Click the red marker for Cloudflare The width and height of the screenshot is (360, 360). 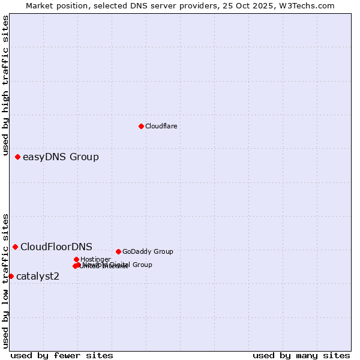click(141, 126)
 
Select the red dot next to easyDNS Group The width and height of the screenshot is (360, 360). click(17, 157)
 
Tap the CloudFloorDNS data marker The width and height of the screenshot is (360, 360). click(15, 247)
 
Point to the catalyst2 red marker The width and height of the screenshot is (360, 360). click(11, 276)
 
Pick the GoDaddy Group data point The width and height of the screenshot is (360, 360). click(118, 251)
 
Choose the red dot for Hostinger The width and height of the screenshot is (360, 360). click(76, 259)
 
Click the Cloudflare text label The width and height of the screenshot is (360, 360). click(161, 126)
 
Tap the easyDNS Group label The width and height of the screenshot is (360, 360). click(61, 157)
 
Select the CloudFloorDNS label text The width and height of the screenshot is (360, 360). click(56, 247)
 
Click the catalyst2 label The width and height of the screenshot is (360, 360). click(38, 276)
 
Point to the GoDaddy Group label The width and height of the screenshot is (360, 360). click(148, 251)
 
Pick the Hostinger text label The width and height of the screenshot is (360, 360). click(95, 259)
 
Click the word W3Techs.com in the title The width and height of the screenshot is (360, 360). click(309, 6)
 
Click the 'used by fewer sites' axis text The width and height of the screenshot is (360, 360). click(62, 355)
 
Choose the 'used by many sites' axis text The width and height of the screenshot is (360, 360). click(301, 355)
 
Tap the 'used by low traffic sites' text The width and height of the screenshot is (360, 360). click(5, 280)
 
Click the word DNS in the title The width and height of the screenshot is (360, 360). click(142, 6)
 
